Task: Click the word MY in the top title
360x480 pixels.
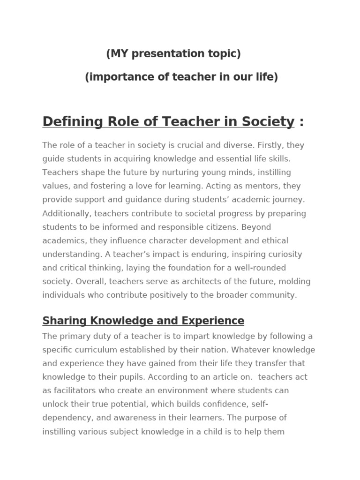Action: pyautogui.click(x=120, y=54)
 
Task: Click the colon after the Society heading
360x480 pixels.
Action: pyautogui.click(x=301, y=122)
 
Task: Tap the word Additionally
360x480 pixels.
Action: pyautogui.click(x=67, y=213)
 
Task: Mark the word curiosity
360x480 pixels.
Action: pyautogui.click(x=281, y=254)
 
